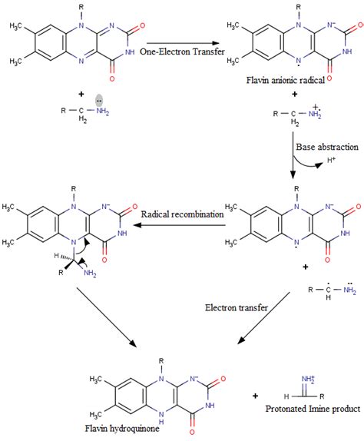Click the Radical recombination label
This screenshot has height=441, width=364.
click(x=180, y=214)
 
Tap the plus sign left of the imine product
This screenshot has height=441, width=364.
click(x=256, y=396)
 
